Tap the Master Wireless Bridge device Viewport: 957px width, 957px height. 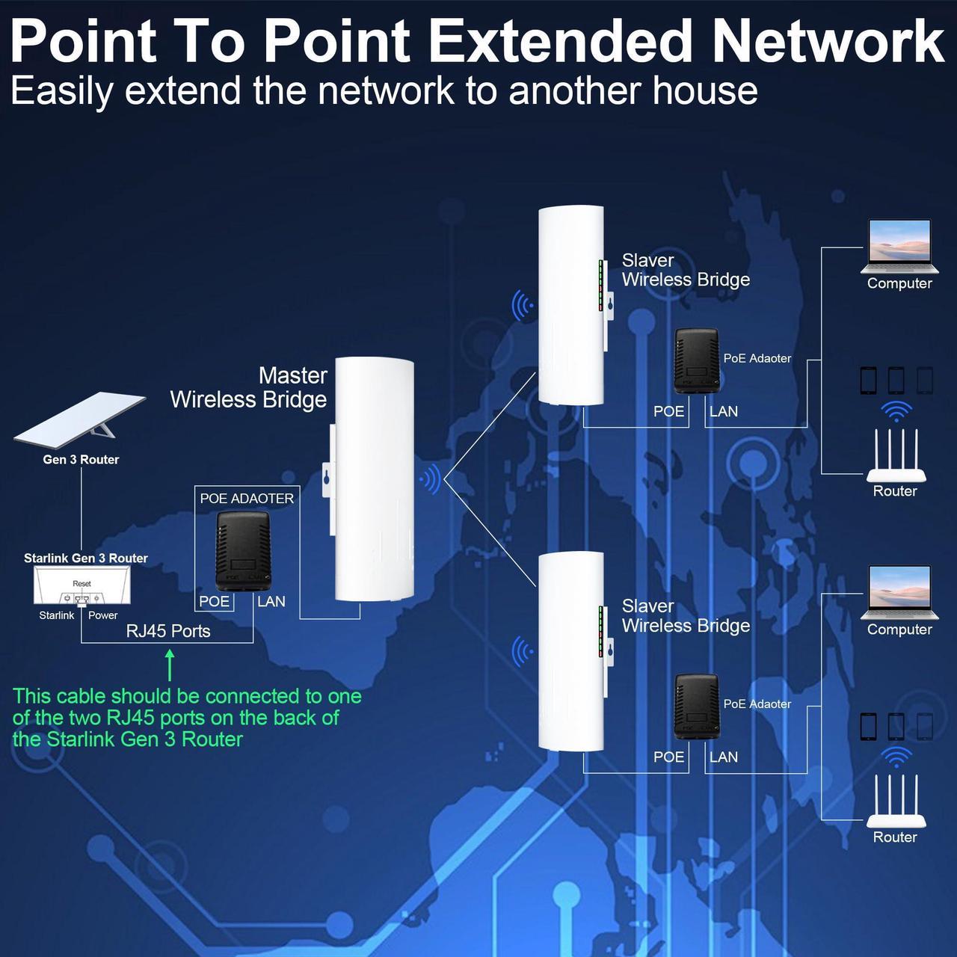tap(374, 478)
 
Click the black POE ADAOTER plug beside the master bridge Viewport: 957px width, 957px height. tap(241, 550)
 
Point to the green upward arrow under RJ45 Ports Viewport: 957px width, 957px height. tap(170, 665)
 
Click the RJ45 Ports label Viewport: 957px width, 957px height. tap(168, 631)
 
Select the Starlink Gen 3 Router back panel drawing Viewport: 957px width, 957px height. tap(82, 585)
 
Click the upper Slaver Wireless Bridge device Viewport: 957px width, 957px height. tap(571, 305)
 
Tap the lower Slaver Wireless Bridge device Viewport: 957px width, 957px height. tap(571, 650)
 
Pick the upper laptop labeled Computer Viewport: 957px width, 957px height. tap(899, 247)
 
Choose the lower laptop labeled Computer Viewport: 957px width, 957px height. tap(899, 592)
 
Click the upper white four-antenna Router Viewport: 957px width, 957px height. tap(896, 456)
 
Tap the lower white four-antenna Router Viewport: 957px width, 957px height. tap(896, 801)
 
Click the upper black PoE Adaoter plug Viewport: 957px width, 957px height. tap(697, 361)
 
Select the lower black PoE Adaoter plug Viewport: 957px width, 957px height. tap(697, 707)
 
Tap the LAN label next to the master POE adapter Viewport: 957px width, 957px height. tap(271, 601)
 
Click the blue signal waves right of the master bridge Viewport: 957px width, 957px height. tap(430, 478)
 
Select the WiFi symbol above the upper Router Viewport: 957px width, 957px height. tap(896, 411)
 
